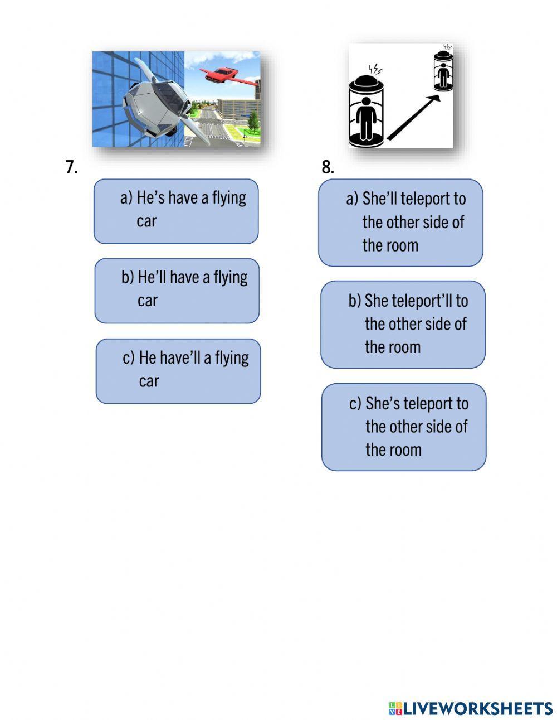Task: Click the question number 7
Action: pos(72,167)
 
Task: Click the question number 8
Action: pos(328,167)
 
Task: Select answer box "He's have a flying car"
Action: pos(176,211)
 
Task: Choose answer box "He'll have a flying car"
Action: pos(177,291)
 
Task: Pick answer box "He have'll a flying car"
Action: pos(178,371)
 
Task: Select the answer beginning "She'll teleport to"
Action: pos(400,223)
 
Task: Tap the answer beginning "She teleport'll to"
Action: pos(403,325)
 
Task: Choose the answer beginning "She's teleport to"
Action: pos(404,427)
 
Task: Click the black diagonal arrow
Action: pos(413,117)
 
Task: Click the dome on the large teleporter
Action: pos(366,81)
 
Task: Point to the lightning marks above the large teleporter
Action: pos(375,69)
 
